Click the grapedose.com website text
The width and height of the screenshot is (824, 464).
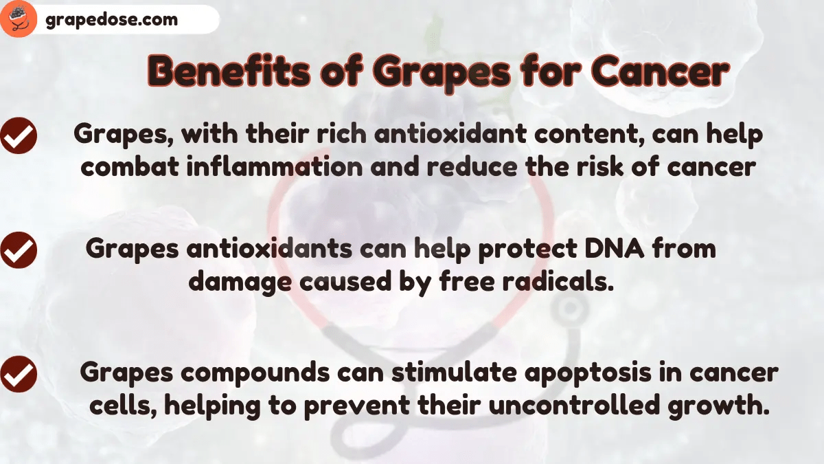pyautogui.click(x=111, y=20)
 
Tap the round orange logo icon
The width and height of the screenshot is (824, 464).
pyautogui.click(x=19, y=19)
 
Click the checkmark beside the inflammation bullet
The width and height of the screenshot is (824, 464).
pyautogui.click(x=19, y=135)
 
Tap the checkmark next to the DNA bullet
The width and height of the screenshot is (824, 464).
pyautogui.click(x=19, y=251)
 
